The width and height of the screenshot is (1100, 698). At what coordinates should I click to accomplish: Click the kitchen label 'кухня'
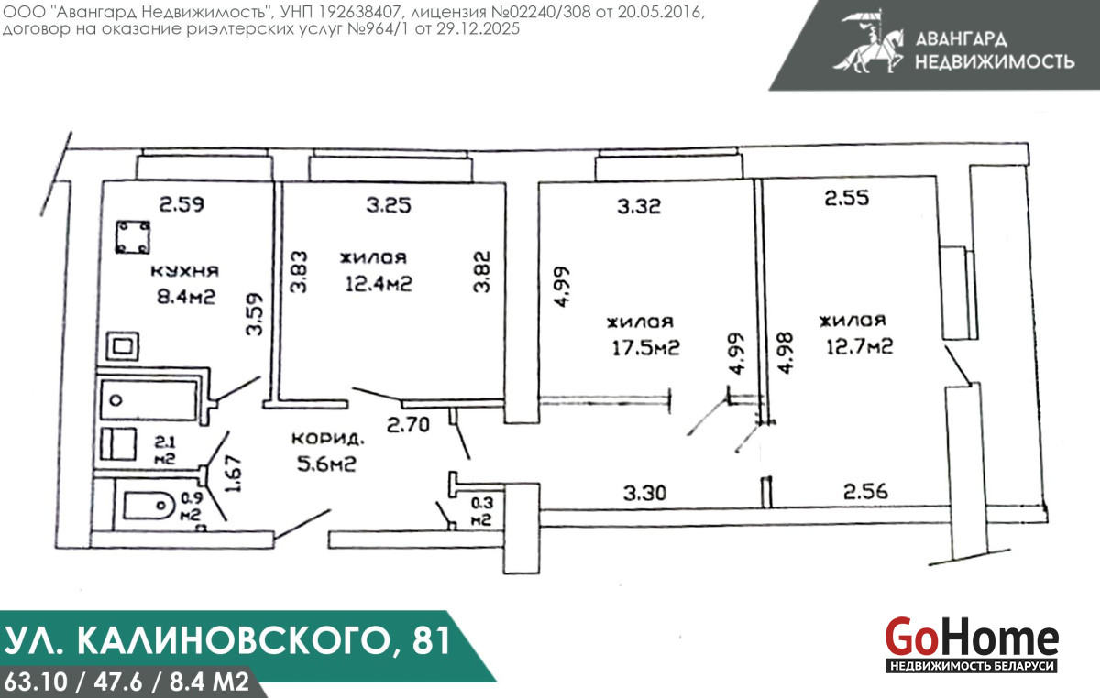coord(184,271)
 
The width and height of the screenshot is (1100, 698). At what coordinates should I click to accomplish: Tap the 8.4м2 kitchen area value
coord(186,297)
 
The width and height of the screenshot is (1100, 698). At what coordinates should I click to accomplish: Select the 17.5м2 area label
coord(645,348)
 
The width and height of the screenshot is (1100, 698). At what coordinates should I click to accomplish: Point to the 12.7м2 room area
coord(860,346)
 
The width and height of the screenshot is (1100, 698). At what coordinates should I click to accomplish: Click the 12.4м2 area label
coord(379,284)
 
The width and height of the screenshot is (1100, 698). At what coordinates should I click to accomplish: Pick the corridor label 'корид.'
coord(328,439)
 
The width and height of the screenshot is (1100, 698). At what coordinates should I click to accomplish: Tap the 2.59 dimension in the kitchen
coord(181,204)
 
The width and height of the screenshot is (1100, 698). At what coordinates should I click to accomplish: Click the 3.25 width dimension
coord(389,205)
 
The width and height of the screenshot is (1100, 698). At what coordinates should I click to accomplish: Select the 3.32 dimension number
coord(639,206)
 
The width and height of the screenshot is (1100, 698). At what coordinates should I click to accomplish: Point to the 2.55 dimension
coord(847,198)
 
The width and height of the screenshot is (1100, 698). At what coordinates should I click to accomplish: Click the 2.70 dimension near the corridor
coord(408,425)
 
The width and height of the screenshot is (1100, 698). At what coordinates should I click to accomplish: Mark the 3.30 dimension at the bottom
coord(644,493)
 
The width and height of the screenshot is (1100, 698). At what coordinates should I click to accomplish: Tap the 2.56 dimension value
coord(865,491)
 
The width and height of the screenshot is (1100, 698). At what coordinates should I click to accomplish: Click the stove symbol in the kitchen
coord(133,237)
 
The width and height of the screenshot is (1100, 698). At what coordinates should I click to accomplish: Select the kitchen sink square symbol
coord(123,346)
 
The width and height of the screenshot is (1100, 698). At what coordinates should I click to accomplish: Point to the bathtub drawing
coord(148,400)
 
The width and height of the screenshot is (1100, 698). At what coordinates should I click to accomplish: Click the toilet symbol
coord(148,506)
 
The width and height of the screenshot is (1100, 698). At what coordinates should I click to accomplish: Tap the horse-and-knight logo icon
coord(868,43)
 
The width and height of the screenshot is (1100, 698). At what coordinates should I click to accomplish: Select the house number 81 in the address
coord(432,640)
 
